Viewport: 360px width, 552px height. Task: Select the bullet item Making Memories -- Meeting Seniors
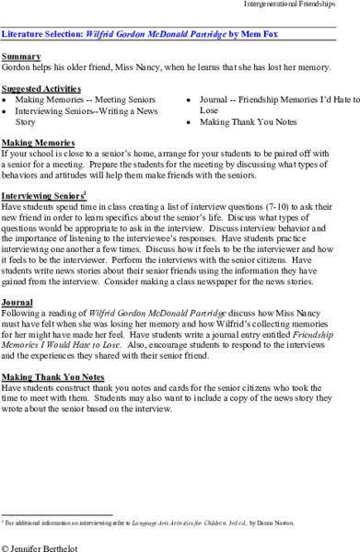[75, 97]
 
